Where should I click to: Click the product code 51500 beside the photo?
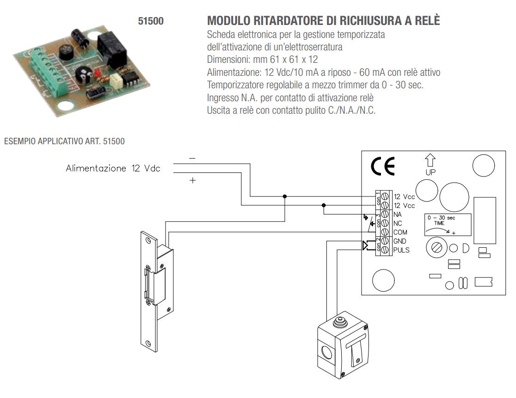[x=152, y=21]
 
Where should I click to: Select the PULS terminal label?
[x=401, y=250]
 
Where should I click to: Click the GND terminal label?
[x=400, y=241]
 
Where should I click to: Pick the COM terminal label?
[x=401, y=232]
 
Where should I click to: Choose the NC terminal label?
[x=398, y=223]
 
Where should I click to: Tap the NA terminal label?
[x=398, y=214]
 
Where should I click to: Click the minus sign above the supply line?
[x=192, y=158]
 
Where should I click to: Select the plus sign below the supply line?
[x=192, y=181]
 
